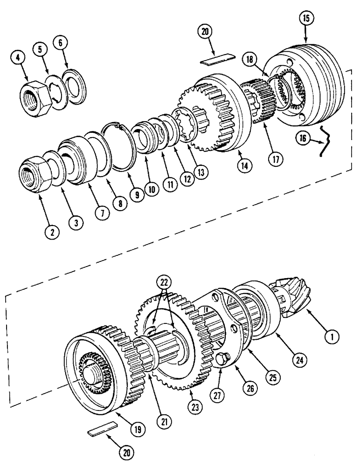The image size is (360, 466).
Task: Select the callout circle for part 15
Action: click(x=305, y=19)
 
